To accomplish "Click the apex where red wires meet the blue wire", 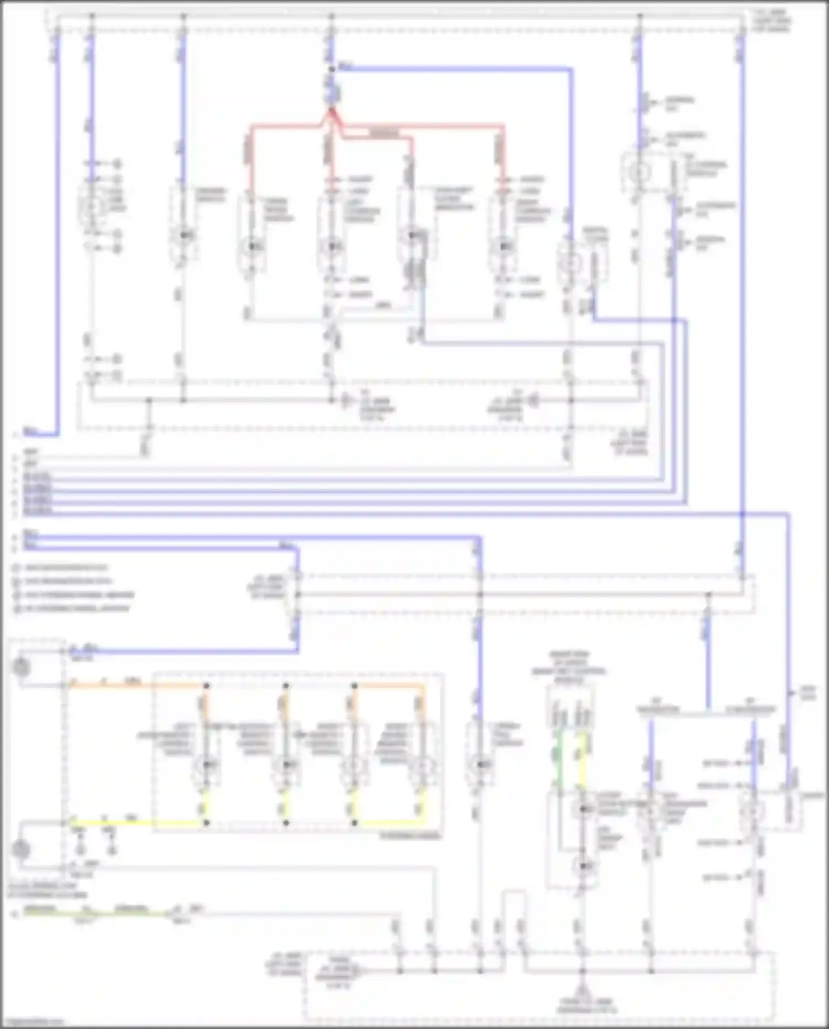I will [x=331, y=110].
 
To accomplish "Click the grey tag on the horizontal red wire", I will [x=384, y=133].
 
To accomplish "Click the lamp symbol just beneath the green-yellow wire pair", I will [x=584, y=809].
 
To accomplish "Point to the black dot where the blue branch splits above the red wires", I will [x=332, y=69].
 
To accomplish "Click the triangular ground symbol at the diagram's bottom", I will [x=581, y=992].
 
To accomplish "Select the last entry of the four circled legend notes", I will [x=72, y=609].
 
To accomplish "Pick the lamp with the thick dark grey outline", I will [x=412, y=237].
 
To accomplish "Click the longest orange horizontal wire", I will [x=138, y=686].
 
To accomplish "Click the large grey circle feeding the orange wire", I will [x=21, y=667].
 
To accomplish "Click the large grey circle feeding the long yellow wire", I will [x=21, y=849].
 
